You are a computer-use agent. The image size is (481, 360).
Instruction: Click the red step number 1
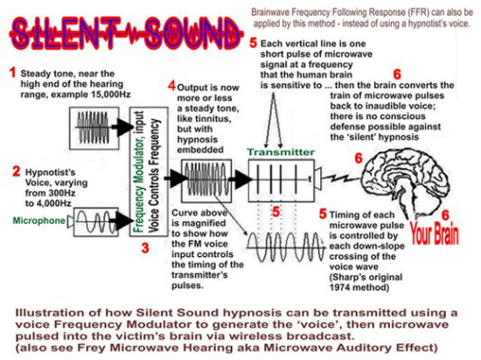tap(12, 73)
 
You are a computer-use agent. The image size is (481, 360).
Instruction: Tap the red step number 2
tap(17, 171)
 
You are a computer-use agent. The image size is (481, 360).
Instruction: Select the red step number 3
tap(145, 248)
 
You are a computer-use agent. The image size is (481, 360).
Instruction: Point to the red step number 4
tap(171, 86)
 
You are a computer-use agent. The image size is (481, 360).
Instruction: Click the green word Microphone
tap(39, 220)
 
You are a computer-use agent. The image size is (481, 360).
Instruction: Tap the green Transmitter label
tap(281, 152)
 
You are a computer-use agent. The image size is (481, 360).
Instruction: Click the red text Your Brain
tap(435, 234)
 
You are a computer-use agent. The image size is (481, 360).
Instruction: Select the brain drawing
tap(406, 182)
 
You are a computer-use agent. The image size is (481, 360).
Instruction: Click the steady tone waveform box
tap(94, 128)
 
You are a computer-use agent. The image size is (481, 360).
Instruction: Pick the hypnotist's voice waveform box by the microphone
tap(96, 222)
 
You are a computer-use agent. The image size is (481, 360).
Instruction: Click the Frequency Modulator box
tap(149, 171)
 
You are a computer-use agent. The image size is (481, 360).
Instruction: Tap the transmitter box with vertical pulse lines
tap(281, 181)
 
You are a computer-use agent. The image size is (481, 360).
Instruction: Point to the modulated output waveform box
tap(206, 181)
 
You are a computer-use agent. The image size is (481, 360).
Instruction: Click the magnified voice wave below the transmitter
tap(286, 247)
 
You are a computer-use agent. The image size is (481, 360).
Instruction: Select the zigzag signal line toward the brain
tap(341, 178)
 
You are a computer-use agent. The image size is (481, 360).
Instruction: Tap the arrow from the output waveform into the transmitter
tap(240, 179)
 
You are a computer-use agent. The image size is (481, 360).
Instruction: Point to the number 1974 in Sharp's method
tap(340, 287)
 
